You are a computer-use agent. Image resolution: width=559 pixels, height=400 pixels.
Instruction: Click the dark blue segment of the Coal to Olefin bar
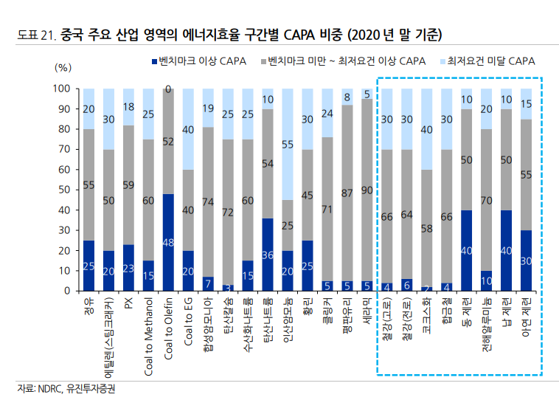168,242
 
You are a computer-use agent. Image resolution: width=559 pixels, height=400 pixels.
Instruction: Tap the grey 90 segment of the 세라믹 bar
367,190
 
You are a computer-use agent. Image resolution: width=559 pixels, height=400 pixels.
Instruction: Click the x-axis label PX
128,303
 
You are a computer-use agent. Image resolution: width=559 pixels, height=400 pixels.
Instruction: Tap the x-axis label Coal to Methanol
148,328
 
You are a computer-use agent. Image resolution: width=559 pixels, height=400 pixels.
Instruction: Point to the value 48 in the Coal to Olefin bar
168,243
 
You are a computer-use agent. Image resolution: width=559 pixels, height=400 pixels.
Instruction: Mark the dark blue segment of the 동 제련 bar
466,250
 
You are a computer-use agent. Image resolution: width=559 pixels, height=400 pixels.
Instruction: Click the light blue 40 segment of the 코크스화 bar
426,129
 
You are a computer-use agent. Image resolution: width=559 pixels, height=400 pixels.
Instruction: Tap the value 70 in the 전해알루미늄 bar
486,200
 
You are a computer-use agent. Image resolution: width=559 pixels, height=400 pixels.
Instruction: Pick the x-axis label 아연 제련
526,314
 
